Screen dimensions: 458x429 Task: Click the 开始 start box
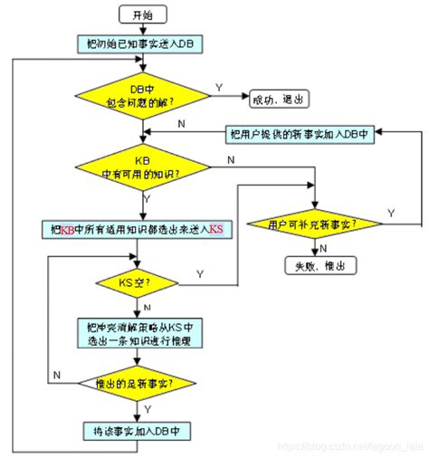(x=141, y=15)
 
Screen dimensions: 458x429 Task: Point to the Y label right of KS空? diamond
(x=198, y=273)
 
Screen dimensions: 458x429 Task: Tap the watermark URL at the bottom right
(x=348, y=447)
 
